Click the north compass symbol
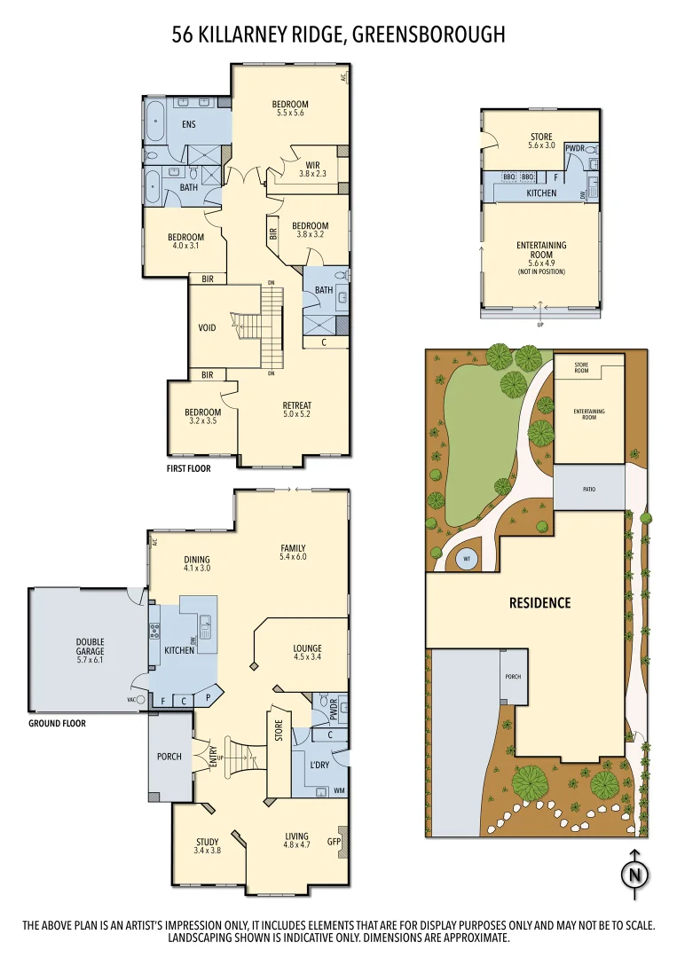[x=634, y=873]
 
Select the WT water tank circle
[x=467, y=559]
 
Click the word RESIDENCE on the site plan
[x=539, y=602]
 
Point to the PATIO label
[x=587, y=489]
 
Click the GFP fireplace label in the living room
[x=334, y=842]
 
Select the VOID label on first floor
[x=207, y=327]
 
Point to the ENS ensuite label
[x=188, y=124]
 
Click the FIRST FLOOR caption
[x=188, y=468]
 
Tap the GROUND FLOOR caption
[x=57, y=723]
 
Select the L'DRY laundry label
[x=319, y=764]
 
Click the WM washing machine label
[x=339, y=790]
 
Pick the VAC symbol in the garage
[x=137, y=699]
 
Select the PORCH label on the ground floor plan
[x=169, y=757]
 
